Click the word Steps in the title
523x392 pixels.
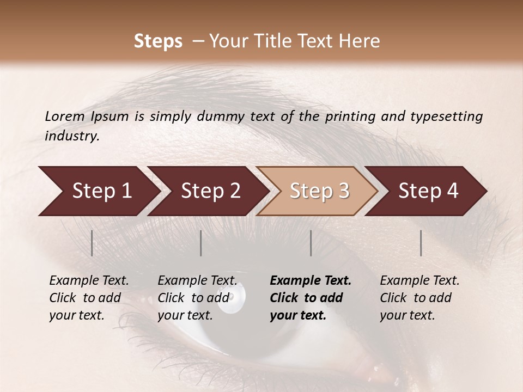point(158,41)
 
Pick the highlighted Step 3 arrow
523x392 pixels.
point(319,191)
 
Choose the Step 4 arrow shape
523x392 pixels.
point(428,191)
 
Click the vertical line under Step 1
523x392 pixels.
point(92,243)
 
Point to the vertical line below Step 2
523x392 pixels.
point(201,243)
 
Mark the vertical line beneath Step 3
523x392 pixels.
point(311,243)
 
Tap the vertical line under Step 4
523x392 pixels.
point(421,243)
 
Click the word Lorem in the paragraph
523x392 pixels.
point(65,117)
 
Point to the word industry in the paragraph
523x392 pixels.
point(71,136)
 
